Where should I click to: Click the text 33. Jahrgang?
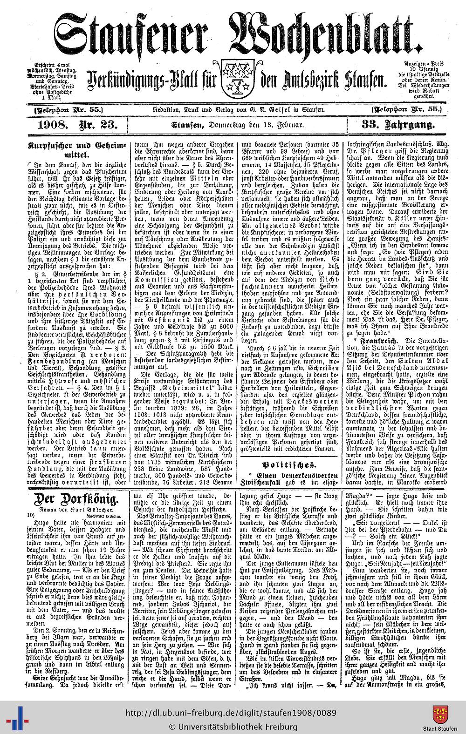[397, 125]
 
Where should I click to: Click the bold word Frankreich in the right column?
[380, 341]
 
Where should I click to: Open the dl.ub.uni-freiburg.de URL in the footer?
[231, 713]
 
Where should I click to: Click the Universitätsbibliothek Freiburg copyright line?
[233, 726]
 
